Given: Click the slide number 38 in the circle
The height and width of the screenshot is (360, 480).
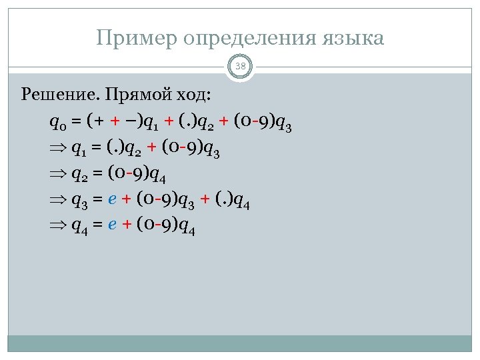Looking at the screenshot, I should click(x=240, y=66).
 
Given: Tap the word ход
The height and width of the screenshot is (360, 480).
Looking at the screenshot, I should click(x=195, y=94).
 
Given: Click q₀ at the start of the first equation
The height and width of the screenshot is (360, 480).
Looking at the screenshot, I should click(x=57, y=122).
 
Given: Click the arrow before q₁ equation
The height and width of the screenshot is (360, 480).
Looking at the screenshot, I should click(x=58, y=149).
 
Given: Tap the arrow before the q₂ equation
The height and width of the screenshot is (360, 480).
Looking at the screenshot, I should click(x=58, y=175).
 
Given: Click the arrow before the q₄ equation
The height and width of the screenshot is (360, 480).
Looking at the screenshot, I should click(x=58, y=227).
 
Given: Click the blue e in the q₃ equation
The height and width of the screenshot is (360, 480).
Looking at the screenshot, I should click(x=113, y=200).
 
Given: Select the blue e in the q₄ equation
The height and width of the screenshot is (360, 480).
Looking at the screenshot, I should click(x=113, y=226).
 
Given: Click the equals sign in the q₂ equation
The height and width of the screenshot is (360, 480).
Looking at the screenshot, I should click(x=97, y=175).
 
